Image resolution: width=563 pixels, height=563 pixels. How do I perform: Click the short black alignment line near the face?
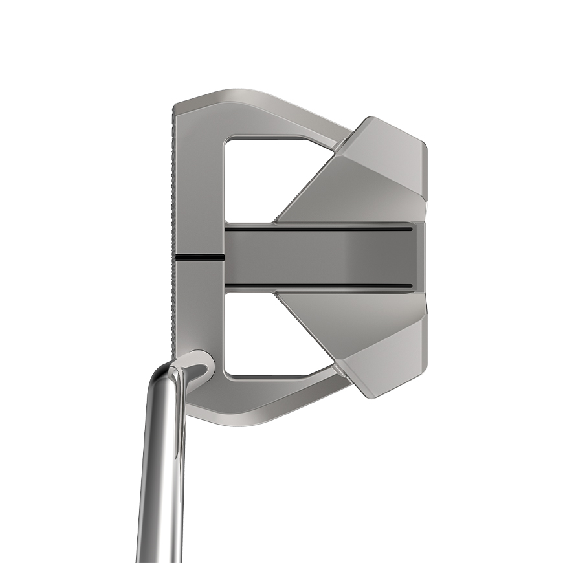(199, 258)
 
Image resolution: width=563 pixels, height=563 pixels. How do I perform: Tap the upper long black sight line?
(317, 228)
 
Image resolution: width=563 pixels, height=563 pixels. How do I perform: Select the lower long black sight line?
(317, 285)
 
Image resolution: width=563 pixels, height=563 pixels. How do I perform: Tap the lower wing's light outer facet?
(388, 356)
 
